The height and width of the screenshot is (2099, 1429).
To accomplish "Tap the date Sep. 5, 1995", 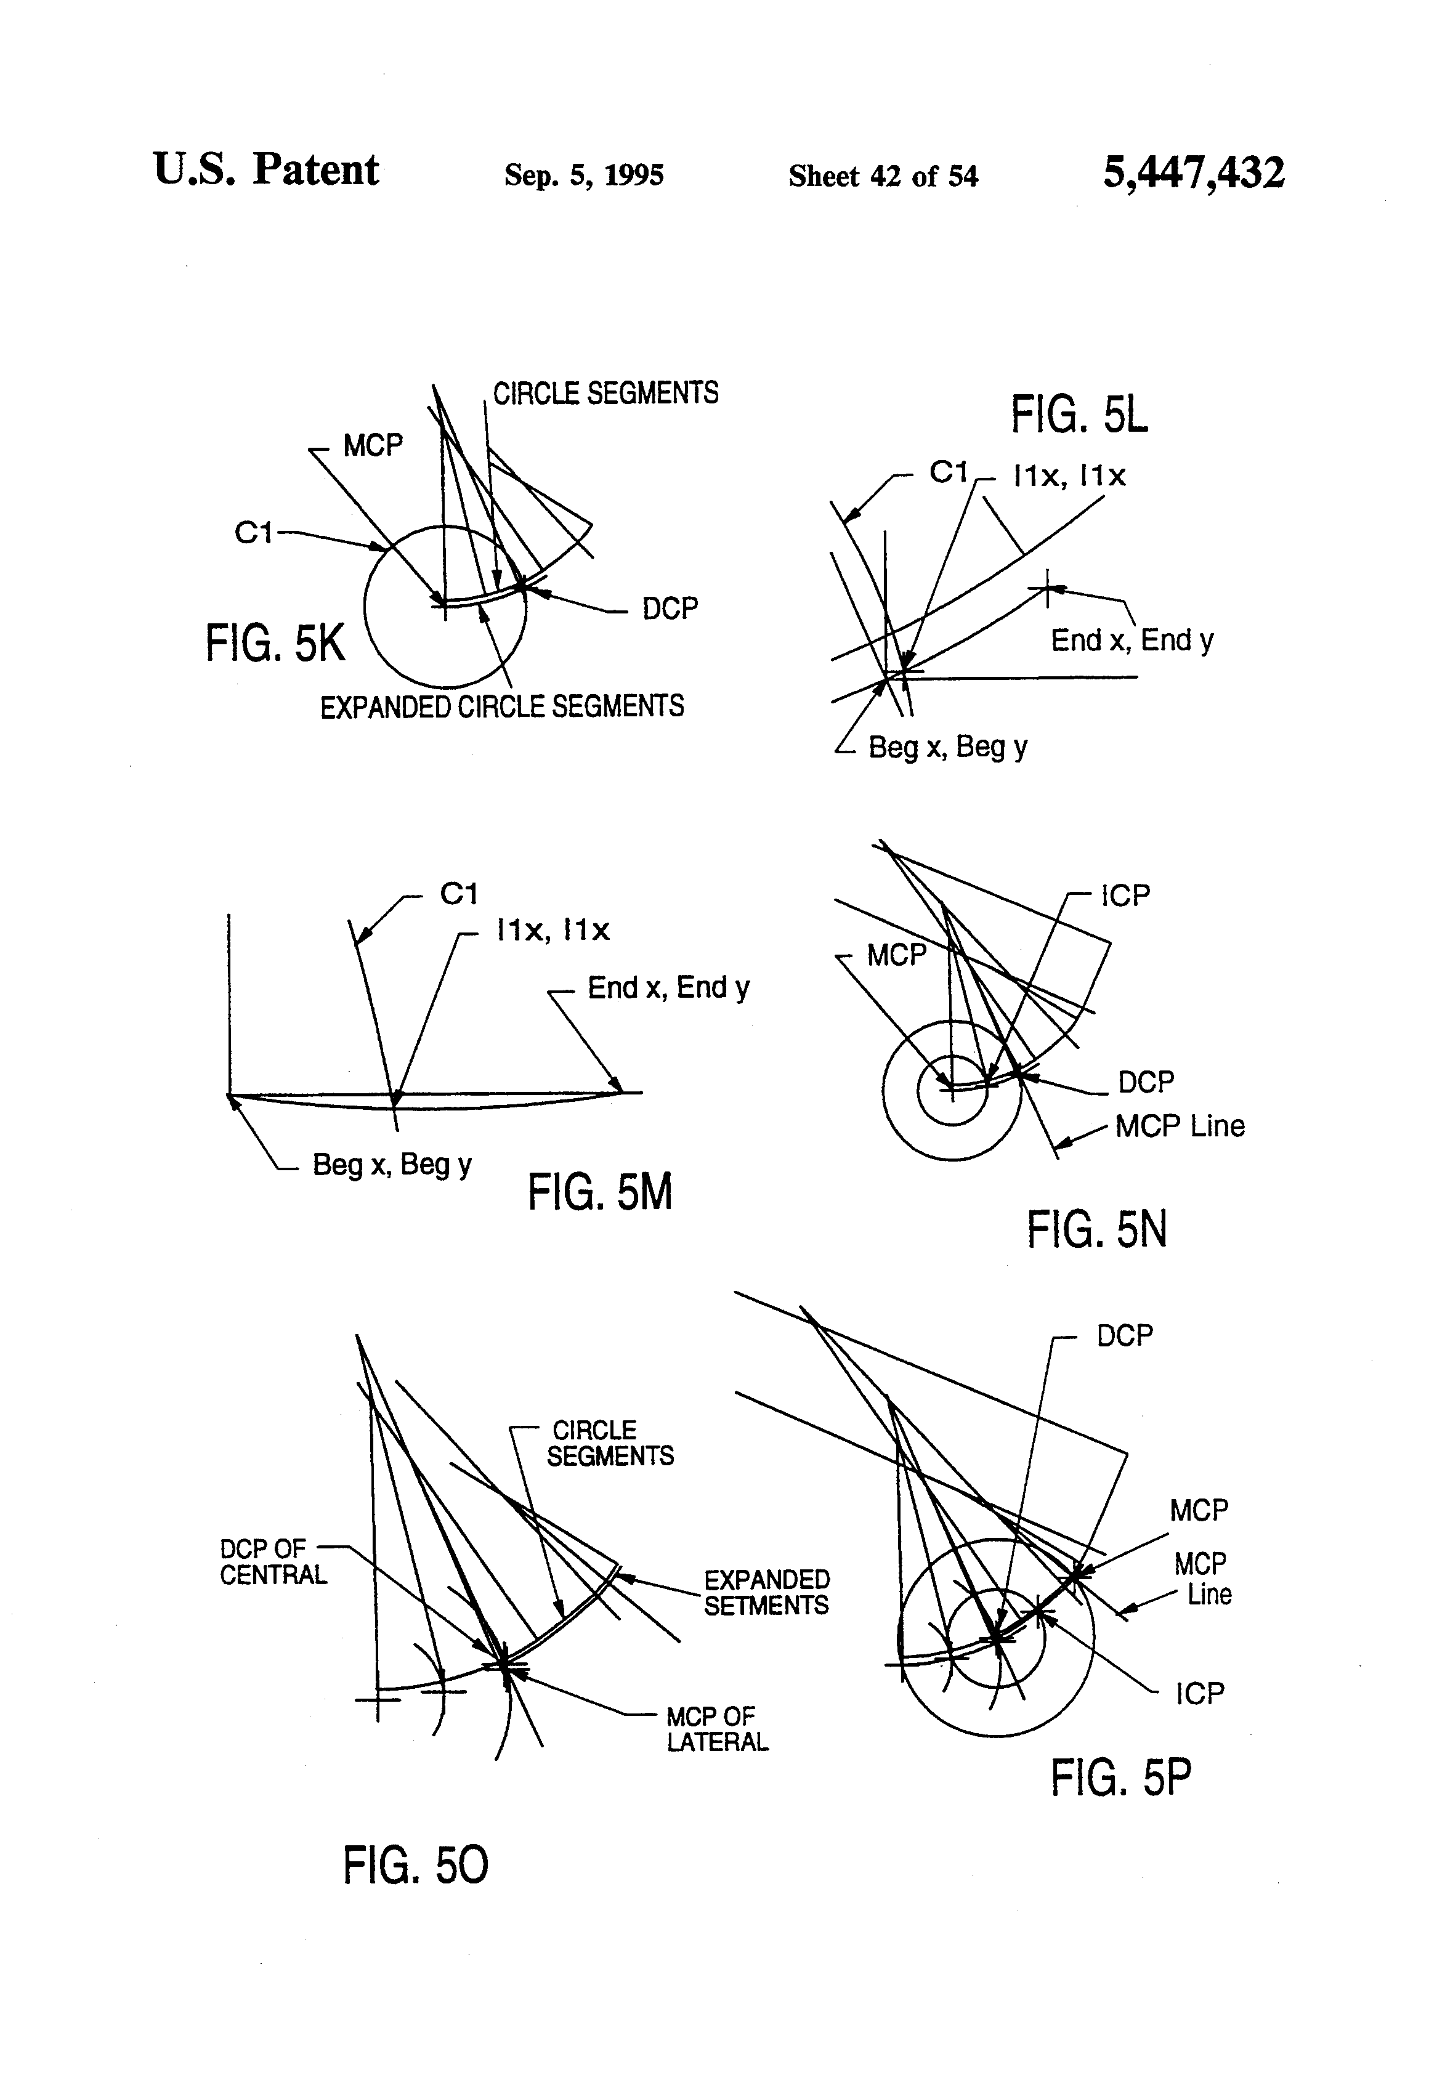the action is coord(583,175).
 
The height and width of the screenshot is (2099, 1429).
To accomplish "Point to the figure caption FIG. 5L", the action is coord(1079,416).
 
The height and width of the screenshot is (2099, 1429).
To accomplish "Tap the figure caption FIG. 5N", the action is coord(1096,1229).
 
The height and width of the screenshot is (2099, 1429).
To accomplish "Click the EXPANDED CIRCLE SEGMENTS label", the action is coord(502,706).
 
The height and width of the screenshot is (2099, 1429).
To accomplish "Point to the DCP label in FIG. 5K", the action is coord(670,609).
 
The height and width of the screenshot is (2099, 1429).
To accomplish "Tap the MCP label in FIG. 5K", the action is coord(372,445).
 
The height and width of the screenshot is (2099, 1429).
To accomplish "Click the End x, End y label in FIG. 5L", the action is coord(1132,641).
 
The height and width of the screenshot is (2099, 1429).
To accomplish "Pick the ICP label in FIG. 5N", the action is coord(1125,896).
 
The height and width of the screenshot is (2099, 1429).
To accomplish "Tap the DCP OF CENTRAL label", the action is coord(273,1561).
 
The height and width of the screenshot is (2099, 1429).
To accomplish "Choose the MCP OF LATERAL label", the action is coord(717,1729).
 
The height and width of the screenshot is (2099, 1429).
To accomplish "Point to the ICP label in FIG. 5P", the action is coord(1200,1694).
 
